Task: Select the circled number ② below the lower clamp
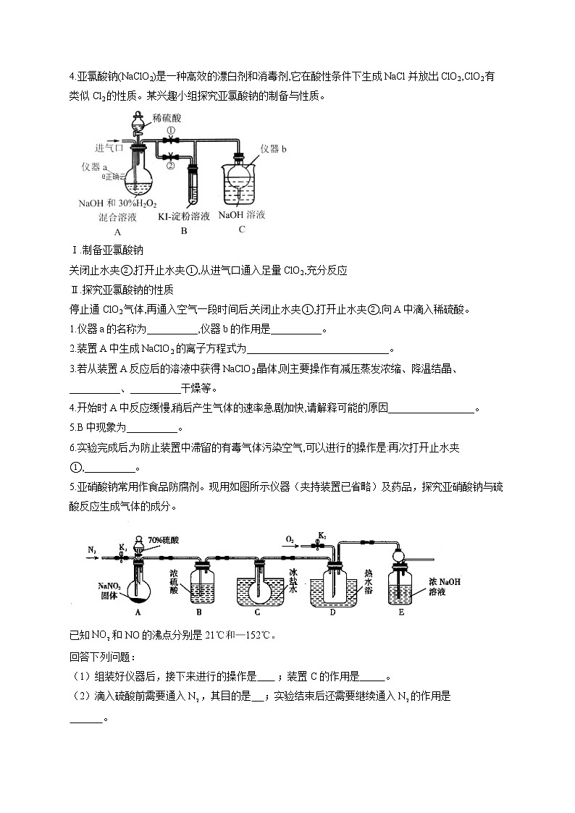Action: pyautogui.click(x=170, y=166)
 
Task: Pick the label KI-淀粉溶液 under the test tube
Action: pyautogui.click(x=185, y=216)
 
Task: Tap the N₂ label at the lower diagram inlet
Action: pyautogui.click(x=93, y=550)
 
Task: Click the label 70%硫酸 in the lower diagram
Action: pyautogui.click(x=163, y=540)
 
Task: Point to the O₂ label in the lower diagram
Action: pyautogui.click(x=289, y=539)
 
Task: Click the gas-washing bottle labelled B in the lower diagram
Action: pyautogui.click(x=201, y=586)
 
